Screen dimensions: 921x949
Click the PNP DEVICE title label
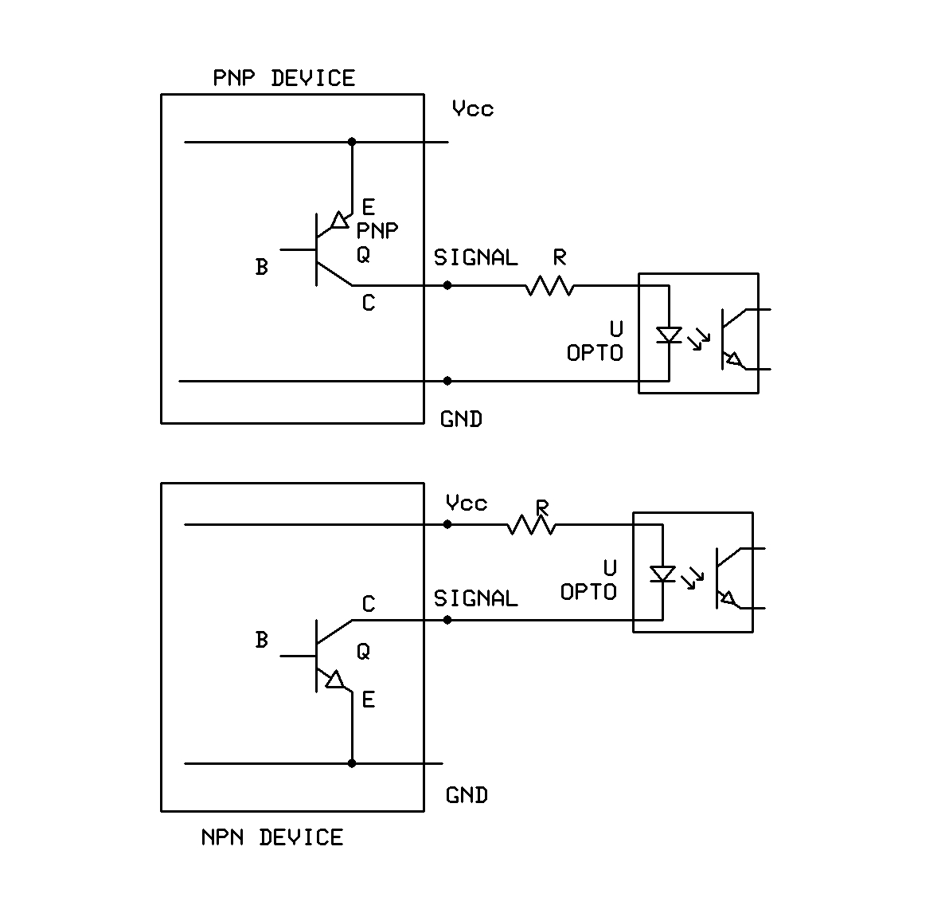(x=283, y=78)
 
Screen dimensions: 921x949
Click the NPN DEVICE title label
(x=272, y=837)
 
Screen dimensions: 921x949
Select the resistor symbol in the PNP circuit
(x=549, y=285)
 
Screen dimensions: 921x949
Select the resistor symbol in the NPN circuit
(x=532, y=524)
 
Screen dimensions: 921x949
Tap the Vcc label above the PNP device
(x=473, y=108)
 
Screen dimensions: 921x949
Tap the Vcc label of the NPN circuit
(x=467, y=504)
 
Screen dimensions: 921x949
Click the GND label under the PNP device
(x=461, y=419)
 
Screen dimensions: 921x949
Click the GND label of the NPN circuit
(x=467, y=795)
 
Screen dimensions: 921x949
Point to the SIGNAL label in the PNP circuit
(x=475, y=257)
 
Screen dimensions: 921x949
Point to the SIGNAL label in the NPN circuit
(x=475, y=598)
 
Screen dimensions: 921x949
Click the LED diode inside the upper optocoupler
(x=669, y=335)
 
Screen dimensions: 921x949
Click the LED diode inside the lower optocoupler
(x=662, y=574)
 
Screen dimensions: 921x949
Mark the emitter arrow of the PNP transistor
(x=340, y=219)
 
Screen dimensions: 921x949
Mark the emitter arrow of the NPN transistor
(x=334, y=679)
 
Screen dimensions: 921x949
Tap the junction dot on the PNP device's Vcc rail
(x=352, y=142)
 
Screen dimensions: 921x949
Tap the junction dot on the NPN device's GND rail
(x=352, y=763)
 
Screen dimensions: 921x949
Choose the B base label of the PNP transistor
(x=261, y=267)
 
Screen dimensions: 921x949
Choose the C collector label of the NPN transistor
(x=368, y=605)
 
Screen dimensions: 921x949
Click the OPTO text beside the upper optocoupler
(x=594, y=353)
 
